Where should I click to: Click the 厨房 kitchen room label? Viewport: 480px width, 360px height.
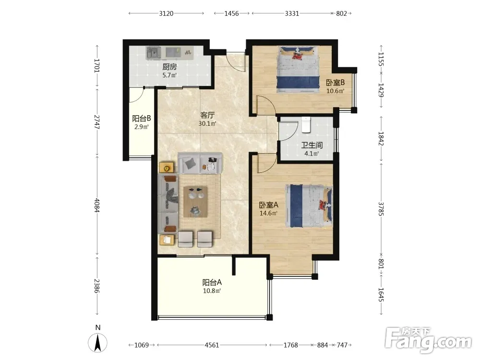[x=169, y=67]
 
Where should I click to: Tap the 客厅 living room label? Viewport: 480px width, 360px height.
[x=207, y=115]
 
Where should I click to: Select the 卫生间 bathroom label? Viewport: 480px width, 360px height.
[x=312, y=145]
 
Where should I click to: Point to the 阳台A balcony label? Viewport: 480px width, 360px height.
[x=212, y=282]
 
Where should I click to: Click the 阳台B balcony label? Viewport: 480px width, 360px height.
[x=142, y=119]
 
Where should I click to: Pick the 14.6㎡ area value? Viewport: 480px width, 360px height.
[x=268, y=214]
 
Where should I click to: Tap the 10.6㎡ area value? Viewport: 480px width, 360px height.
[x=335, y=91]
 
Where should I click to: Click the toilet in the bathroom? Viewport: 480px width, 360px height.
[x=306, y=125]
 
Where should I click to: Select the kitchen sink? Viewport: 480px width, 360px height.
[x=154, y=53]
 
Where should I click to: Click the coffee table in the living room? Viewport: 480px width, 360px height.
[x=195, y=202]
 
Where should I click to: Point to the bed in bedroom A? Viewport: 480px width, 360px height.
[x=309, y=206]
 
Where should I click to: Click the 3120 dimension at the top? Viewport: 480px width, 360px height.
[x=166, y=13]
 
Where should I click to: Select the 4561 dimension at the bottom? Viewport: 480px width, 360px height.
[x=212, y=345]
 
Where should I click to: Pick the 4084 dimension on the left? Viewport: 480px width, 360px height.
[x=97, y=205]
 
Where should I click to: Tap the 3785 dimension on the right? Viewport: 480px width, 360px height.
[x=381, y=209]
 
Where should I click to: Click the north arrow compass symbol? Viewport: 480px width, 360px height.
[x=97, y=340]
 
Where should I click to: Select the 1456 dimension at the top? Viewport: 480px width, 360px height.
[x=231, y=13]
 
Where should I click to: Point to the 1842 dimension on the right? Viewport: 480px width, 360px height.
[x=381, y=139]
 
